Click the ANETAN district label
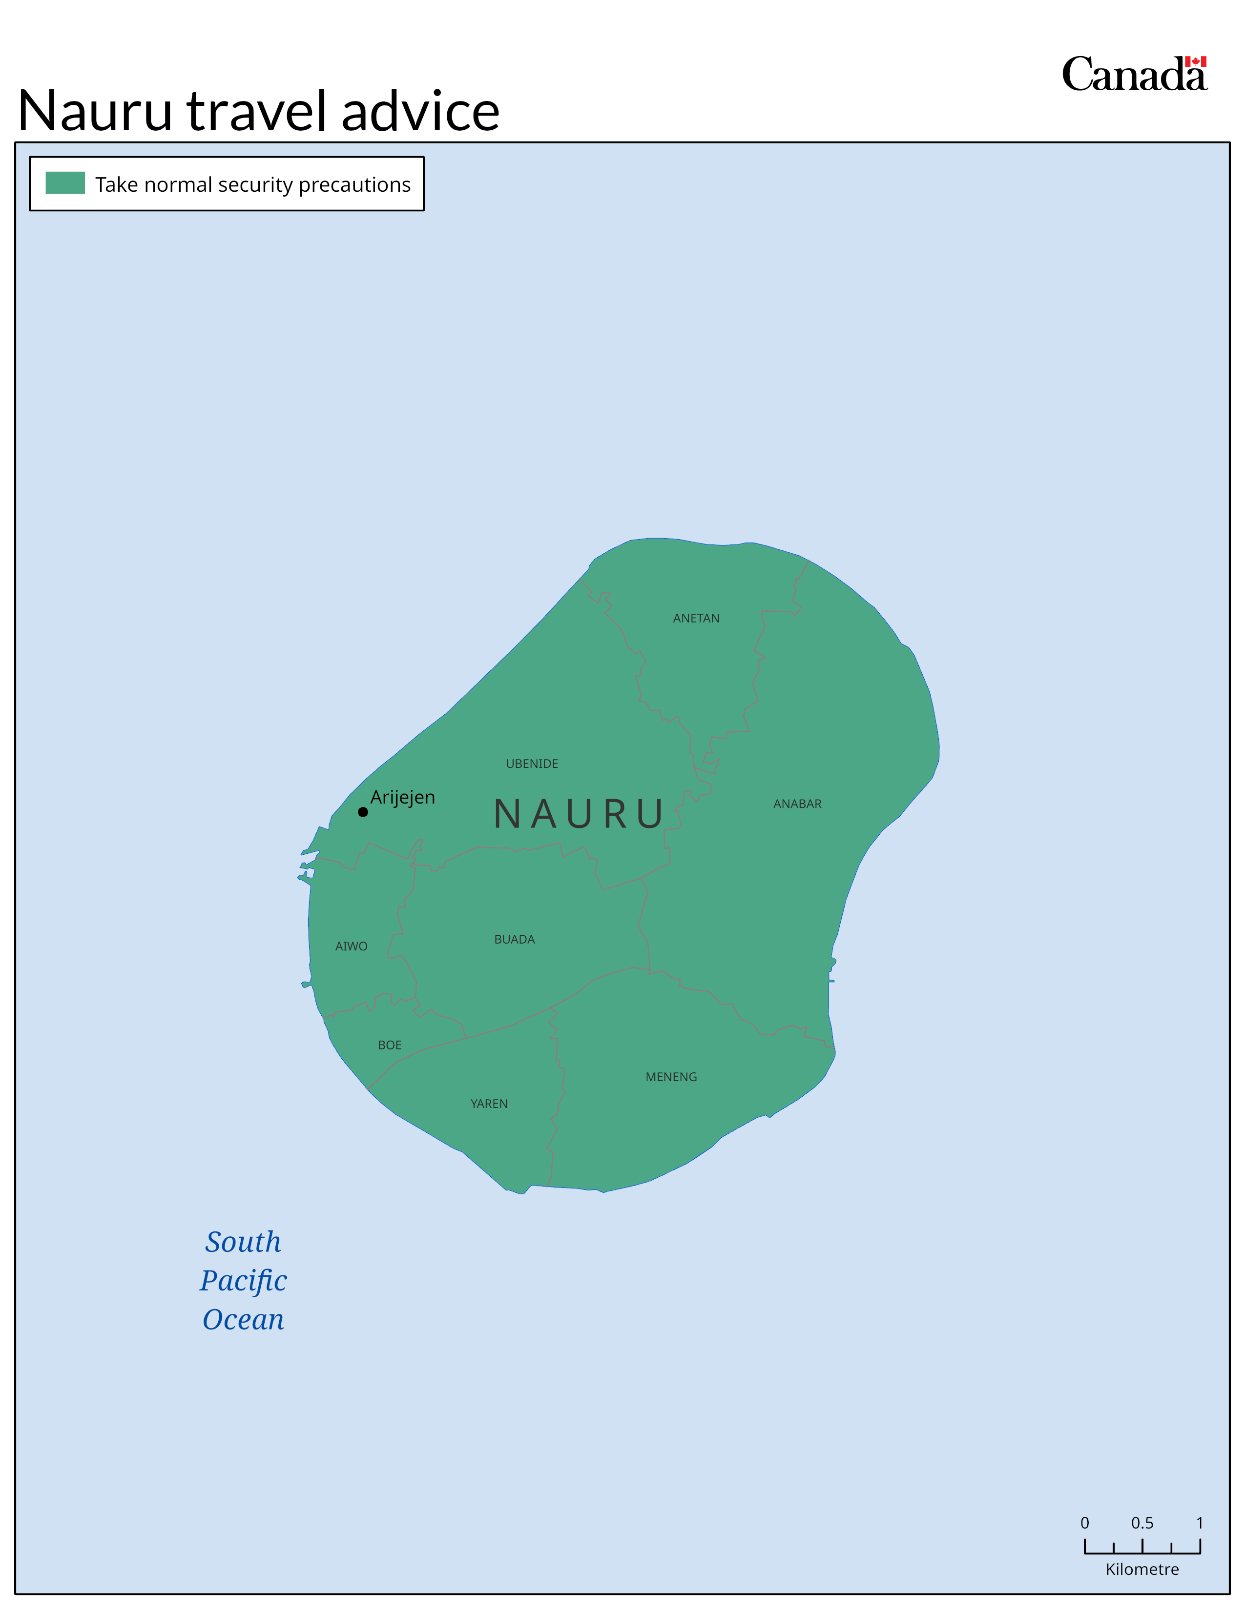pos(696,619)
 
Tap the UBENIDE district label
pos(532,764)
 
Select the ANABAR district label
pos(797,804)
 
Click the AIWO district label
pos(351,946)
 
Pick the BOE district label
pos(390,1046)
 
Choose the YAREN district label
pos(489,1104)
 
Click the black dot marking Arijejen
pos(363,812)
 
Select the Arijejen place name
pos(403,798)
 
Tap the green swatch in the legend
pos(65,183)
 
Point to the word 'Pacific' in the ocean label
pos(244,1281)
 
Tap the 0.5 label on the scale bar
pos(1142,1523)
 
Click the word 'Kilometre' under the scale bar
pos(1142,1570)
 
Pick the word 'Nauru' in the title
pos(94,112)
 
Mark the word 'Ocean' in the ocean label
pos(244,1320)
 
